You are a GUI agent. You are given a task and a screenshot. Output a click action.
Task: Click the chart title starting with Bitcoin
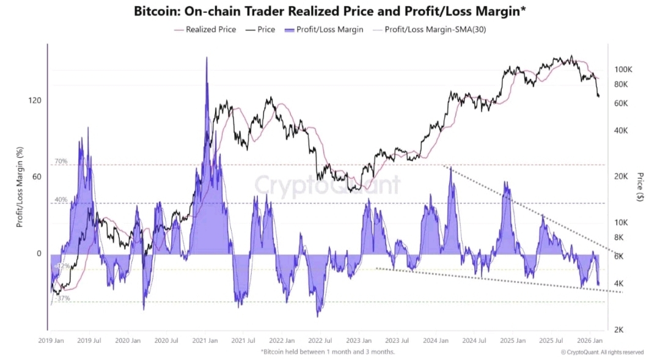pyautogui.click(x=329, y=10)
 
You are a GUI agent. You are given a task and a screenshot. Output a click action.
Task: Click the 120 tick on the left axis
pyautogui.click(x=34, y=101)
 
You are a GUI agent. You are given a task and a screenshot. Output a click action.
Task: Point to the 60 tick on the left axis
pyautogui.click(x=36, y=177)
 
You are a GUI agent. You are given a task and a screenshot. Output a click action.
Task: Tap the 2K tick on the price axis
pyautogui.click(x=619, y=329)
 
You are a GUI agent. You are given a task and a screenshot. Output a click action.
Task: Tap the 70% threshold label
pyautogui.click(x=61, y=161)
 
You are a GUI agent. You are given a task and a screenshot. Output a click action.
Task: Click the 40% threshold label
pyautogui.click(x=61, y=200)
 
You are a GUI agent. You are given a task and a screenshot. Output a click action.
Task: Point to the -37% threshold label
pyautogui.click(x=62, y=298)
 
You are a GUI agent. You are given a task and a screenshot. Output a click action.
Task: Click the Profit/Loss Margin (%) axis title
pyautogui.click(x=20, y=186)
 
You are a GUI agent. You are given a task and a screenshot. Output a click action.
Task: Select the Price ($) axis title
pyautogui.click(x=640, y=186)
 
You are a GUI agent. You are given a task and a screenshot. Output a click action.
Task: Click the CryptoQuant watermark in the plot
pyautogui.click(x=327, y=185)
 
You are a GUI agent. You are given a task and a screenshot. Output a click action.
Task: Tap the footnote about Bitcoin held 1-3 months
pyautogui.click(x=328, y=351)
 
